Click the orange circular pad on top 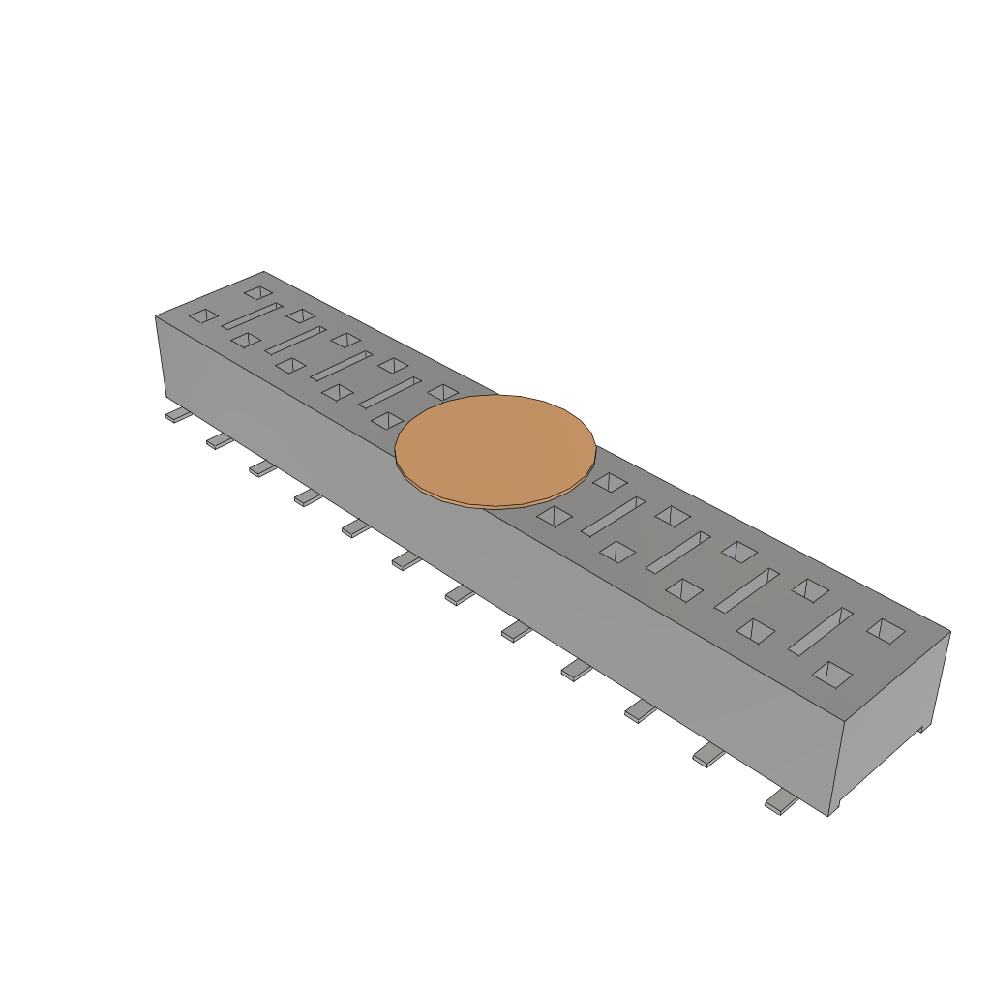(x=495, y=450)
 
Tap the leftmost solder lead (x=178, y=415)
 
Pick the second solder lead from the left (x=221, y=441)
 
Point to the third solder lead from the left (x=263, y=468)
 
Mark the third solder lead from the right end (x=641, y=711)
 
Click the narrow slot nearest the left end (x=252, y=315)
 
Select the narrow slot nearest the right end (x=820, y=630)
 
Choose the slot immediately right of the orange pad (x=614, y=516)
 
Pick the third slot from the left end (x=341, y=365)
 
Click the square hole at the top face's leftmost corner (x=203, y=315)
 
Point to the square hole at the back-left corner (x=257, y=291)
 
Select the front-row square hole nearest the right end (x=831, y=675)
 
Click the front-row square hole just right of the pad (x=556, y=515)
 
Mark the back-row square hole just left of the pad (x=443, y=392)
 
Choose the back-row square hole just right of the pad (x=610, y=481)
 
